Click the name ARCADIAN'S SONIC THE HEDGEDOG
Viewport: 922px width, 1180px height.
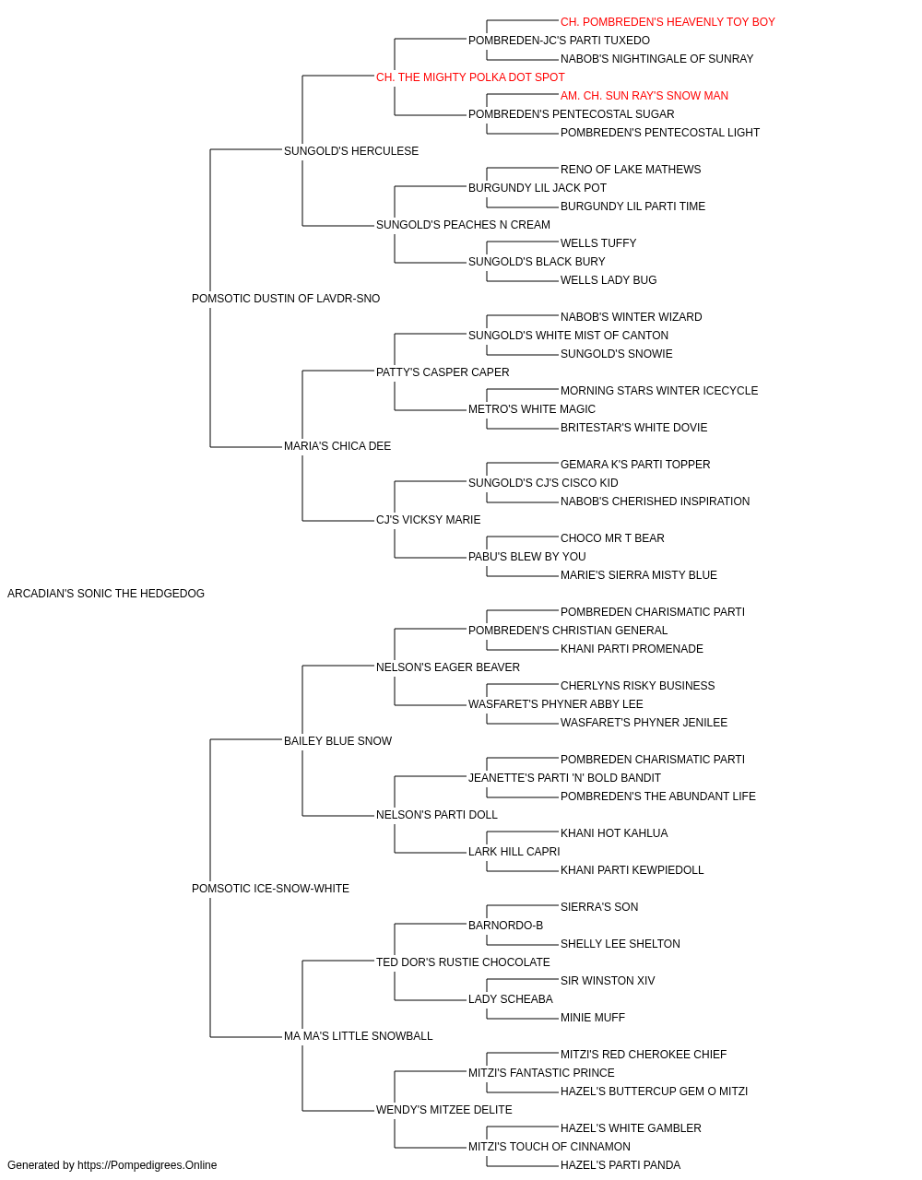(x=106, y=594)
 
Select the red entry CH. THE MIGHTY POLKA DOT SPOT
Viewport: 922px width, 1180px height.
(x=470, y=77)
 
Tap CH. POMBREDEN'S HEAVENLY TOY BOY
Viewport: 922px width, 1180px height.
(x=668, y=22)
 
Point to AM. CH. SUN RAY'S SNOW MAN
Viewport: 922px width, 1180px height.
(x=644, y=96)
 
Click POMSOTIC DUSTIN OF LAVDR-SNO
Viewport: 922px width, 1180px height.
(x=286, y=299)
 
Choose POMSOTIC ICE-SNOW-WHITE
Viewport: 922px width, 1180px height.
(x=270, y=889)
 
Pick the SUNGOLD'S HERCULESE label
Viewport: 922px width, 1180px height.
(x=351, y=151)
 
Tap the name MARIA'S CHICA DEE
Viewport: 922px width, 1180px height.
(x=337, y=446)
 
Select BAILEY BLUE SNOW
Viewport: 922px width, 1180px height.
(x=337, y=740)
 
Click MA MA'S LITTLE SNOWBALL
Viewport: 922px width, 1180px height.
(x=359, y=1035)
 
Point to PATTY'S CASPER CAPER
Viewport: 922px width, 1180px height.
(x=443, y=372)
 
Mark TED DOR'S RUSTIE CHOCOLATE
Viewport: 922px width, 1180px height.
(x=463, y=962)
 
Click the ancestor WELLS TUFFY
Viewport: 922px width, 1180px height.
(x=598, y=243)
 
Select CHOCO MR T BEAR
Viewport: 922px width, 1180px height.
(x=612, y=538)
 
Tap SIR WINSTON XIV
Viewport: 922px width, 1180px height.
(x=608, y=980)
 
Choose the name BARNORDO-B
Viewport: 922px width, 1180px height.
(x=505, y=925)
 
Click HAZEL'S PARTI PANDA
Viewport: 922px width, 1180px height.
(x=621, y=1165)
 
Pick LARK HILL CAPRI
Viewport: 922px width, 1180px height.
(x=514, y=852)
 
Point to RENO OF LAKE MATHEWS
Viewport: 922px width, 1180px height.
(x=631, y=170)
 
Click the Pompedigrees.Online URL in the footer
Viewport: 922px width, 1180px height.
(x=148, y=1165)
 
